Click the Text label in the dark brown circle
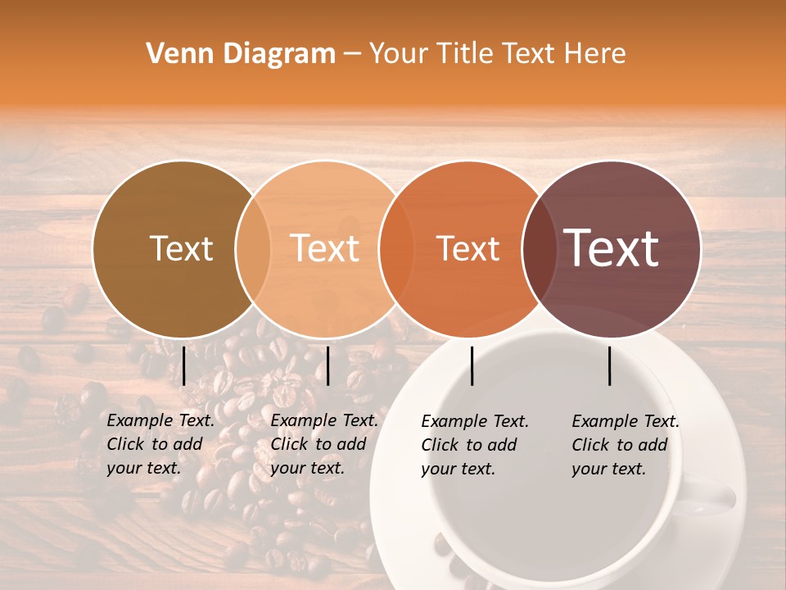pos(181,248)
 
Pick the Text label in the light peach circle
pos(324,248)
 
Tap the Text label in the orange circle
pos(468,248)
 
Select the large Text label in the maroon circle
pos(611,248)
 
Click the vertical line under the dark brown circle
pos(184,365)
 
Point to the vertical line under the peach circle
pos(327,365)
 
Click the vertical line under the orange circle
pos(472,365)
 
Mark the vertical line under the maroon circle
pos(610,365)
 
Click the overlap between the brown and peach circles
pos(253,248)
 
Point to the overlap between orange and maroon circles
pos(536,248)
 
